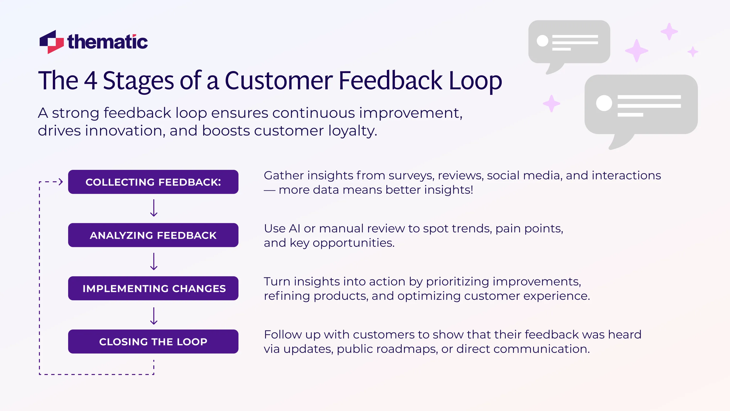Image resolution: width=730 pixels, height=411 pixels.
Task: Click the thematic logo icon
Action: point(52,42)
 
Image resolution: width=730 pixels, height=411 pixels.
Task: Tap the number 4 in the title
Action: point(91,81)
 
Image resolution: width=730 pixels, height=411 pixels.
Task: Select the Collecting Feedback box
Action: point(153,182)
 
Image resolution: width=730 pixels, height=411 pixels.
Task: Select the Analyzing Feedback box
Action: point(153,235)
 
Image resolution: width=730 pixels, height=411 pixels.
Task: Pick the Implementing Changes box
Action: point(153,288)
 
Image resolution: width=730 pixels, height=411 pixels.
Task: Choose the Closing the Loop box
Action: point(153,342)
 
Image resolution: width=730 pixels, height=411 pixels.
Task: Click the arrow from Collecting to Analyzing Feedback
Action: point(154,208)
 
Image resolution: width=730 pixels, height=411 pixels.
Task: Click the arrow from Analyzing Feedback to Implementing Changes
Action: point(154,261)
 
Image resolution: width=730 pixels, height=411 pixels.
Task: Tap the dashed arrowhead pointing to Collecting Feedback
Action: point(60,182)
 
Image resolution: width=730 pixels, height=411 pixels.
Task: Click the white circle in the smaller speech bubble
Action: point(542,41)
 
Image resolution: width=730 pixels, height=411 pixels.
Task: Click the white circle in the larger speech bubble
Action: point(604,103)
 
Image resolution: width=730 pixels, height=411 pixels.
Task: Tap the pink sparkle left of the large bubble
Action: point(551,103)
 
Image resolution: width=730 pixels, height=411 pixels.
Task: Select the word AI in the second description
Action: point(294,228)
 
